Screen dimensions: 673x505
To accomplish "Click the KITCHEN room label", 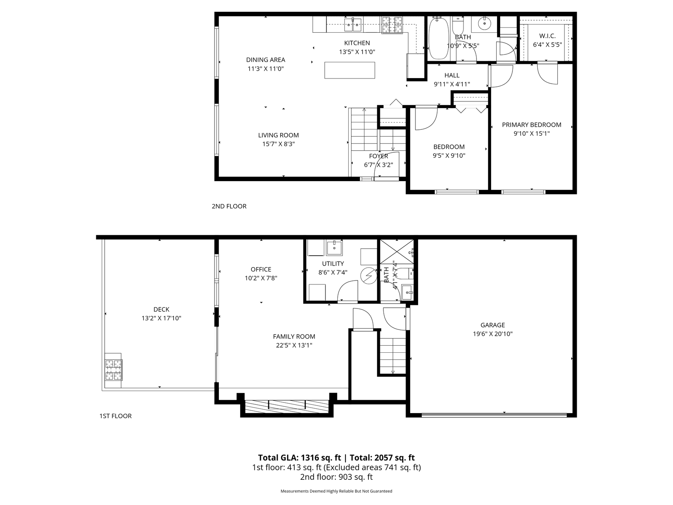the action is tap(357, 43).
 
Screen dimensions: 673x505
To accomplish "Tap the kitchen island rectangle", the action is tap(350, 70).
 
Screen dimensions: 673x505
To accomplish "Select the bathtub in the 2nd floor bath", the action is tap(438, 38).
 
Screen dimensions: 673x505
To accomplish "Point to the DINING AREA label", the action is tap(265, 60).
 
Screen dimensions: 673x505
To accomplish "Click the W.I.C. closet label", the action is tap(547, 36).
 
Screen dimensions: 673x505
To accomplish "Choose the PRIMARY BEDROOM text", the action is tap(531, 125).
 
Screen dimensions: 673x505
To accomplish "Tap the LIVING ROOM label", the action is tap(279, 135).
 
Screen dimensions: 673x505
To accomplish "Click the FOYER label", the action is tap(378, 156).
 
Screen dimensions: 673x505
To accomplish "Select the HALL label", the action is tap(452, 75).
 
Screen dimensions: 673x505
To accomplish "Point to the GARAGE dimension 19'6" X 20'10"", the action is tap(493, 334).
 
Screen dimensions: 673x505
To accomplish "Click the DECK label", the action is tap(161, 310).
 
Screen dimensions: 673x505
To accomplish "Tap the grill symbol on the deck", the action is tap(113, 370).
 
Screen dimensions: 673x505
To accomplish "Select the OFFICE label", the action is tap(261, 269).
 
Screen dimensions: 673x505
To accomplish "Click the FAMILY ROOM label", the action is tap(294, 337).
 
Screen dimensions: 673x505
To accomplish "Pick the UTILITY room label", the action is tap(333, 264).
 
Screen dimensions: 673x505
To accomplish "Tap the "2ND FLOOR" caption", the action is tap(229, 206).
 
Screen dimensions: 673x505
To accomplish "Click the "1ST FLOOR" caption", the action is tap(116, 416).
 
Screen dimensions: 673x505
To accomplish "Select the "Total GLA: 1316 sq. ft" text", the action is tap(299, 458).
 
